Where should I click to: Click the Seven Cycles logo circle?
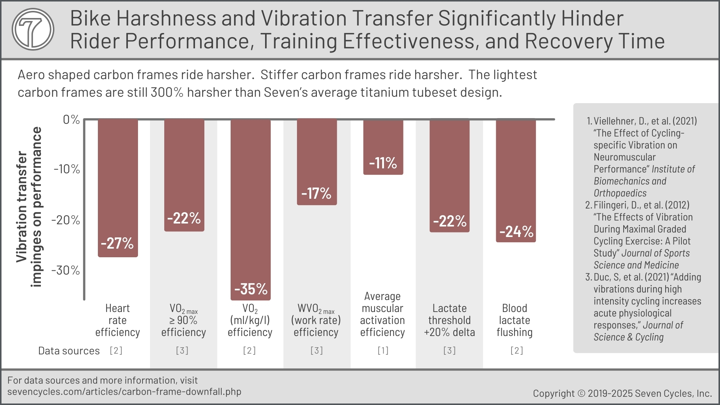point(33,29)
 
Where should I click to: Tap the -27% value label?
point(117,243)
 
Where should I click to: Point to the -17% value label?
point(316,193)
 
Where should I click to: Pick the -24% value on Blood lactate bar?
point(516,232)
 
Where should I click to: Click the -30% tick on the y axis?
point(66,270)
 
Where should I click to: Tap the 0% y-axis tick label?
point(71,120)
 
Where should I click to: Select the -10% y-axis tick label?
point(67,169)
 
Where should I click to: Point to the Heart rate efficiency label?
point(117,320)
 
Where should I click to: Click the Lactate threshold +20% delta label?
point(449,320)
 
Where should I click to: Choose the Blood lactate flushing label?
point(514,320)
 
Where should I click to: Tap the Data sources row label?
point(69,351)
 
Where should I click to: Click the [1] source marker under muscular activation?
point(383,351)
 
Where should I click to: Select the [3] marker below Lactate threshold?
point(449,351)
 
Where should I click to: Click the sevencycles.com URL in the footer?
point(124,392)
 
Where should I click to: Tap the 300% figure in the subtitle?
point(167,92)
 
